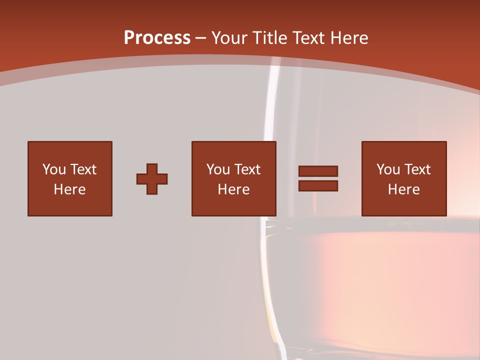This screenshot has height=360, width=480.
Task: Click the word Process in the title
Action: [157, 38]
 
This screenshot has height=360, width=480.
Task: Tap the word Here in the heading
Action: [349, 38]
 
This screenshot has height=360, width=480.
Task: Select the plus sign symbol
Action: [152, 179]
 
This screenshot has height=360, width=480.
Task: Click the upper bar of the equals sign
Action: [318, 171]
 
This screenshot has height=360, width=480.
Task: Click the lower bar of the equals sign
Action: [318, 186]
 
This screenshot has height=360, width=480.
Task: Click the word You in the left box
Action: [54, 169]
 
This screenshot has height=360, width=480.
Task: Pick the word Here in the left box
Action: [69, 189]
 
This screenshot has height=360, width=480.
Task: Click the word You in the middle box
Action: [218, 169]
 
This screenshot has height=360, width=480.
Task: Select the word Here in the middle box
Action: [233, 189]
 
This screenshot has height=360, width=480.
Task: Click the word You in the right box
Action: [388, 169]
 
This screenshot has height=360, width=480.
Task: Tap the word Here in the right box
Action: [403, 189]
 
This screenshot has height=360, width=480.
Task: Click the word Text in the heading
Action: [308, 38]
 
